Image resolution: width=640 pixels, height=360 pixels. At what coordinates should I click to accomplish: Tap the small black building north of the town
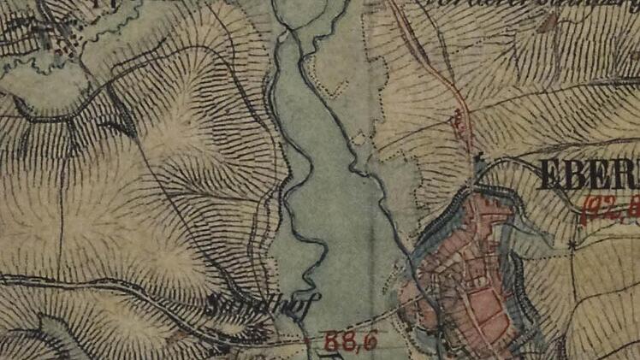[x=479, y=159]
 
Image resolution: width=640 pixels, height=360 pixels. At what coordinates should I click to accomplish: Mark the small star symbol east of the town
[x=571, y=245]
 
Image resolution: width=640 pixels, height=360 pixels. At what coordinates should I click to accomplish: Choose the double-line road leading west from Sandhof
[x=103, y=287]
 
